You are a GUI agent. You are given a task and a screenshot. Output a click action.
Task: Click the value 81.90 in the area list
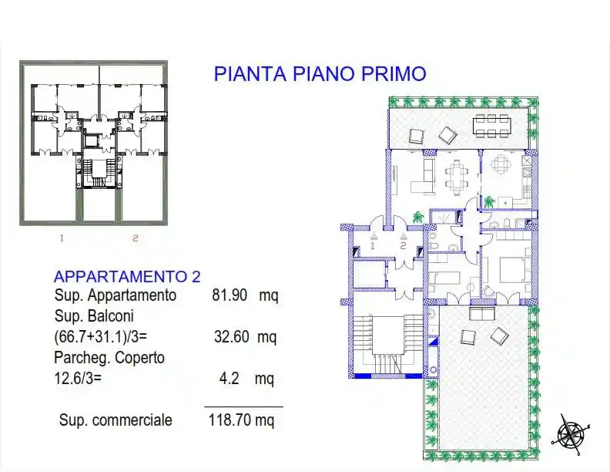click(230, 295)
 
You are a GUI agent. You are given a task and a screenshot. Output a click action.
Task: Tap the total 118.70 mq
click(242, 421)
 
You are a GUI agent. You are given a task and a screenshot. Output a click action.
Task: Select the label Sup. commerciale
click(116, 421)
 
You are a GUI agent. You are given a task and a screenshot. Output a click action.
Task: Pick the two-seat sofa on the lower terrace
click(482, 313)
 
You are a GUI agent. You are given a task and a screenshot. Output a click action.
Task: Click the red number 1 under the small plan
click(62, 238)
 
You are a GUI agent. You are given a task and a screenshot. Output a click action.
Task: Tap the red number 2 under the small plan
click(135, 238)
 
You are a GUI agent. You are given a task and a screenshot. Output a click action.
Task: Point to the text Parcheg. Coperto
click(109, 358)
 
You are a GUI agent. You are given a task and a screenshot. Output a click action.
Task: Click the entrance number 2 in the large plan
click(402, 246)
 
